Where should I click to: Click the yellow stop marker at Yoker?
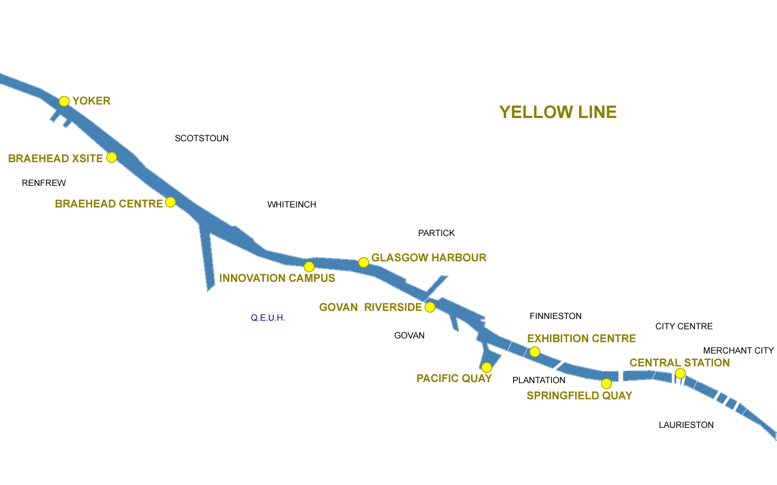(x=64, y=101)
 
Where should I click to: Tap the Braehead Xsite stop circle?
(x=112, y=157)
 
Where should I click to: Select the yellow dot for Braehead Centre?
(x=170, y=202)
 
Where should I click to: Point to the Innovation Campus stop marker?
(x=309, y=267)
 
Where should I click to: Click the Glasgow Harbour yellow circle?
(x=364, y=262)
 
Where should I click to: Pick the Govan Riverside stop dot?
(x=430, y=307)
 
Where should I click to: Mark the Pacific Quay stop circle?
(x=486, y=368)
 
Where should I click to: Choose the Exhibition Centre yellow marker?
(x=535, y=352)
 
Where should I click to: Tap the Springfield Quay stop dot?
(x=606, y=384)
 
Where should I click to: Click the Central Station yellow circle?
(x=680, y=373)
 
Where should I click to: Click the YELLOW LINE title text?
(x=558, y=112)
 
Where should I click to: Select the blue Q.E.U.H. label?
(x=268, y=318)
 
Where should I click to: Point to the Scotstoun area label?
(x=202, y=138)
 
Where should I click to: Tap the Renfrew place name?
(x=44, y=183)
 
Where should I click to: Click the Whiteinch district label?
(x=292, y=205)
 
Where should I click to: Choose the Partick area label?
(x=437, y=233)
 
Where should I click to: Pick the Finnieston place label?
(x=556, y=316)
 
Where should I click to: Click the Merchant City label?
(x=738, y=351)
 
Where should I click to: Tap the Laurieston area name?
(x=686, y=425)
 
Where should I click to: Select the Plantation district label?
(x=539, y=380)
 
